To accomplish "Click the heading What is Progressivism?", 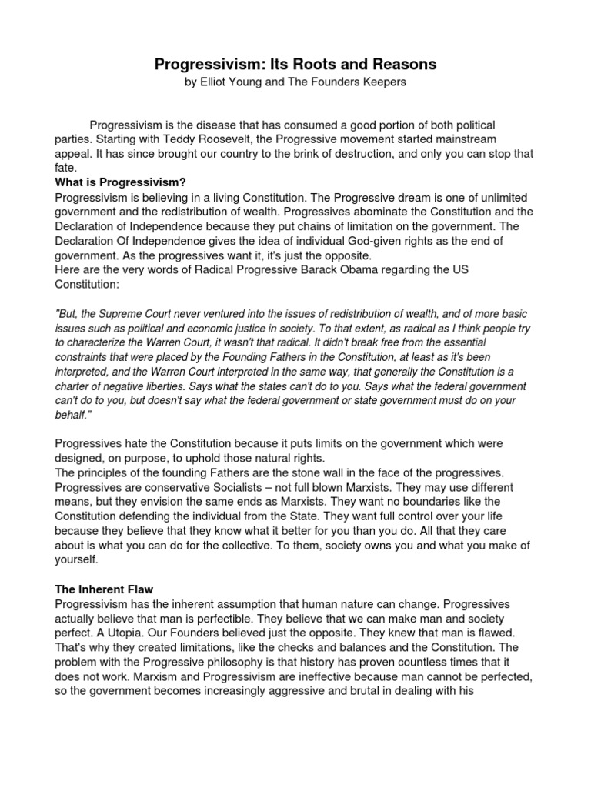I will pos(120,182).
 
